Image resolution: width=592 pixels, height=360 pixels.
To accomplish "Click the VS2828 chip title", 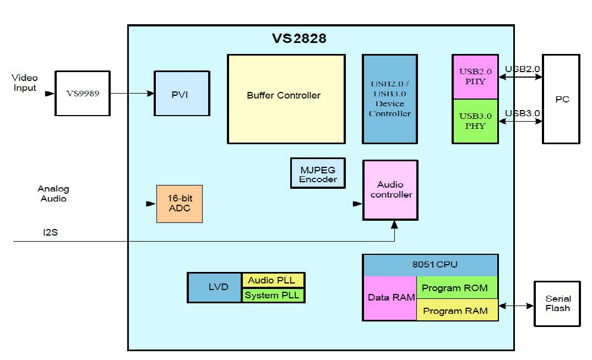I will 298,39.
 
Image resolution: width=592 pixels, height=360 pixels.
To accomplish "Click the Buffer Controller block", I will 286,99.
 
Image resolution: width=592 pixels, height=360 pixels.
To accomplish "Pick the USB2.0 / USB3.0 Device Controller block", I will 389,99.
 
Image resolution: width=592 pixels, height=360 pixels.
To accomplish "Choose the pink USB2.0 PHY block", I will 475,77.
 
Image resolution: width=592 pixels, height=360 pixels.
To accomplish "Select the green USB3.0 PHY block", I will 475,121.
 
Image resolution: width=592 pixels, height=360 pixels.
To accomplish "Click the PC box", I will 561,99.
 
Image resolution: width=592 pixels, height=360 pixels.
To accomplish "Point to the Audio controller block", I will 390,190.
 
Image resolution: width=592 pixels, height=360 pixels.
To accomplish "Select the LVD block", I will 214,287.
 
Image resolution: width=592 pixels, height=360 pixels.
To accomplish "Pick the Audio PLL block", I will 273,280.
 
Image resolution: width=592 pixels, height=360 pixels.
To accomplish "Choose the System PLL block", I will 273,295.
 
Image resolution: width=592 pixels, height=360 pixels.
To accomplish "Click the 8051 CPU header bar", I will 430,265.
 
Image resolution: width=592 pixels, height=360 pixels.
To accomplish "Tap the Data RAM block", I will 389,298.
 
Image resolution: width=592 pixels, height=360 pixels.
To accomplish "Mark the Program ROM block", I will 457,287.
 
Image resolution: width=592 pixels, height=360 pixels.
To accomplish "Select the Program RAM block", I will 457,310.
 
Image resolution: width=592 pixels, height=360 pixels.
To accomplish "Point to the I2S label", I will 51,233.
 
